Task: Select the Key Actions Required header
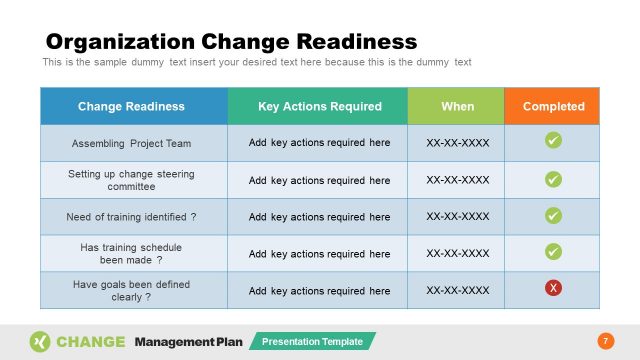point(319,106)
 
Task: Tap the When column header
point(457,106)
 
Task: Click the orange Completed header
point(553,106)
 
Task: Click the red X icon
point(553,289)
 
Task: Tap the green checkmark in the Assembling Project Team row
point(553,141)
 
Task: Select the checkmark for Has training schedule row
point(553,252)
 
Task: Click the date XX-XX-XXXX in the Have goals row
point(457,290)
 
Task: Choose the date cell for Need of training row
point(457,216)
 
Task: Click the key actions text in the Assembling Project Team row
point(319,143)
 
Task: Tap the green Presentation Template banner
point(312,342)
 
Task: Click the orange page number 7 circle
point(604,341)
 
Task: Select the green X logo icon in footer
point(40,341)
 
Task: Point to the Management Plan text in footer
point(188,342)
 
